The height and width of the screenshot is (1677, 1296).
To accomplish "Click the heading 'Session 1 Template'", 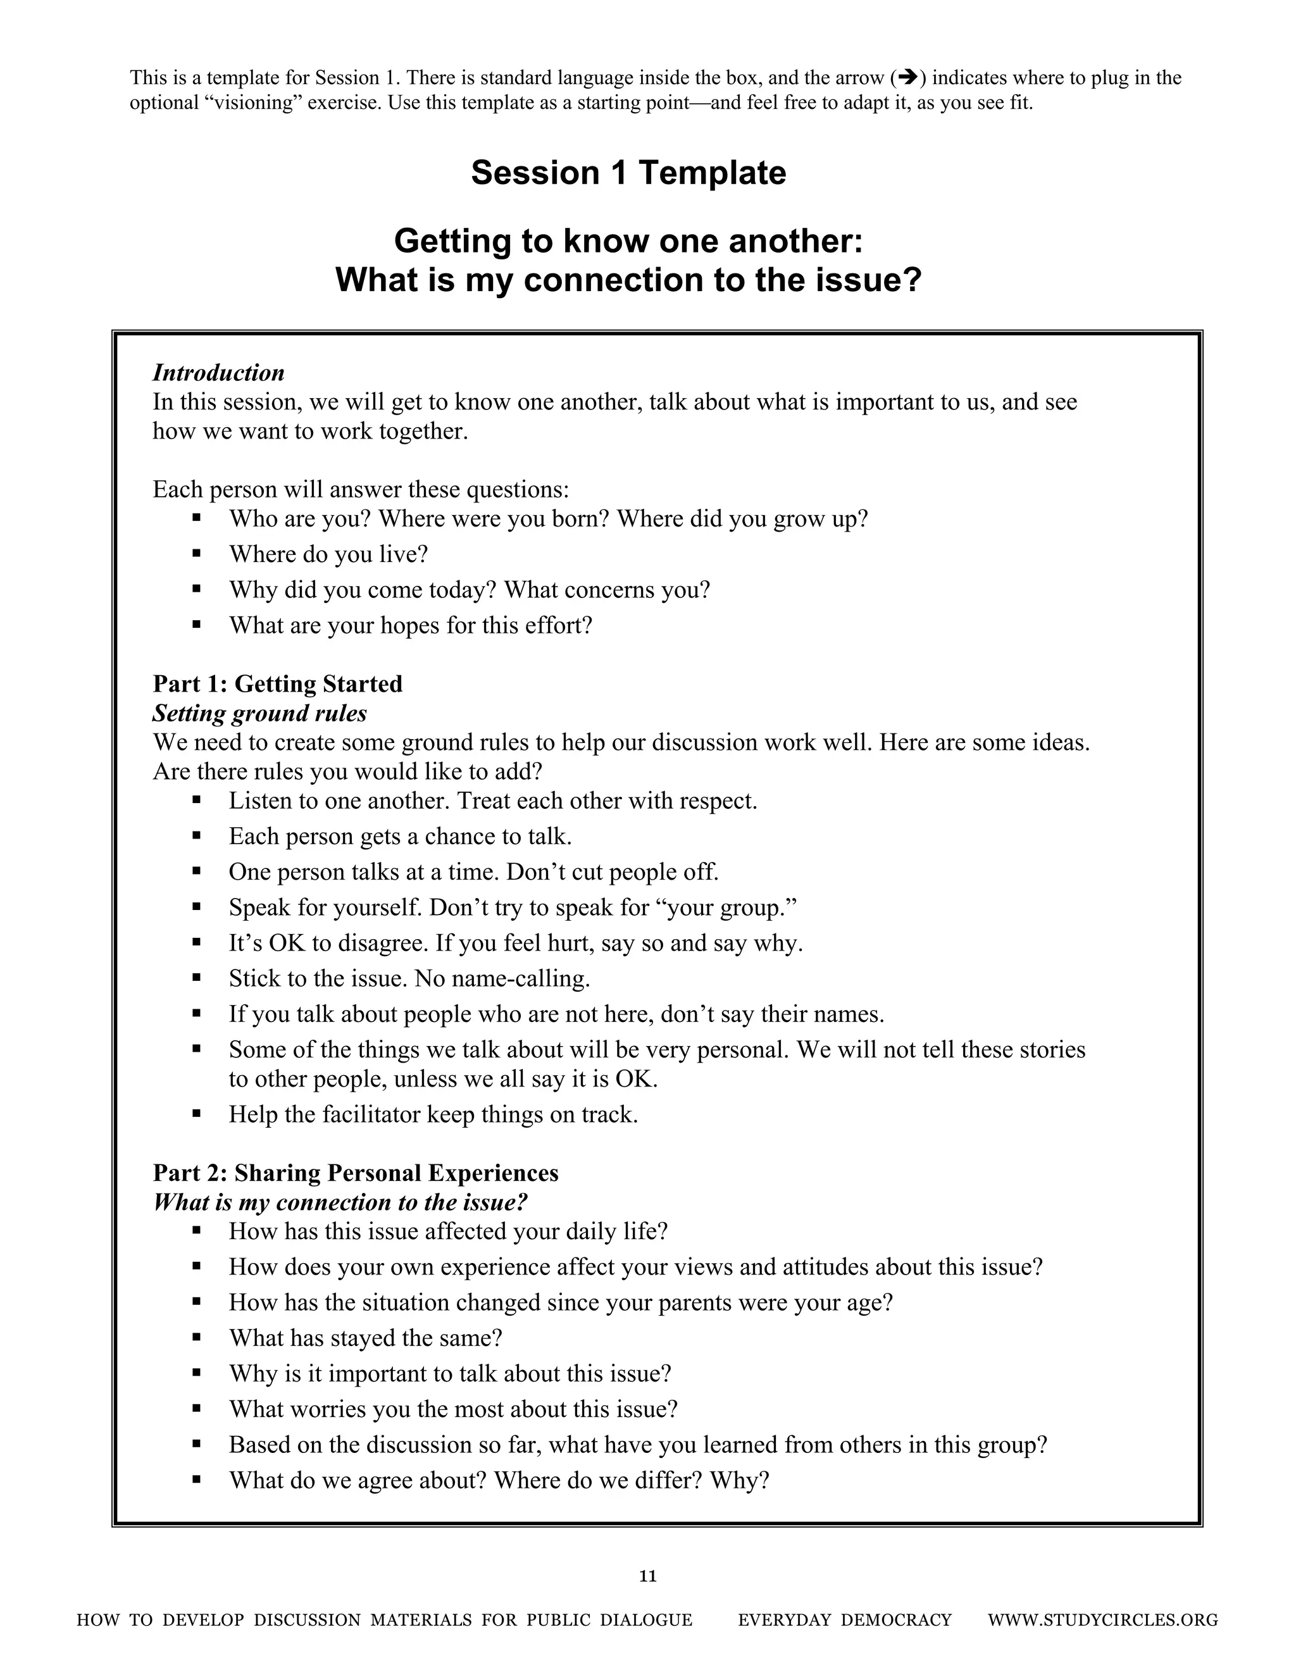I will click(628, 173).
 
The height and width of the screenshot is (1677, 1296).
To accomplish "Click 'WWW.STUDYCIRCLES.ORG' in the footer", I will click(1102, 1620).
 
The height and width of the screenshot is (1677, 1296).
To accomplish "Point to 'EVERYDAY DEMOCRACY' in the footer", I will click(845, 1620).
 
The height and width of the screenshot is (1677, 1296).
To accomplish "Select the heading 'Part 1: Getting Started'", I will click(277, 683).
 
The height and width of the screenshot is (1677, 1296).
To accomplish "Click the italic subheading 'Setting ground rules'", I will click(259, 713).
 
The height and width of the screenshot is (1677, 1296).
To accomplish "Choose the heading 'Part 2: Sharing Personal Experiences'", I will click(356, 1173).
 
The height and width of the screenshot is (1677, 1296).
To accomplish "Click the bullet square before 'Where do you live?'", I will click(197, 553).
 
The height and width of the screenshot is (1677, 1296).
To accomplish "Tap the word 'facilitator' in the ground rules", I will click(371, 1114).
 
